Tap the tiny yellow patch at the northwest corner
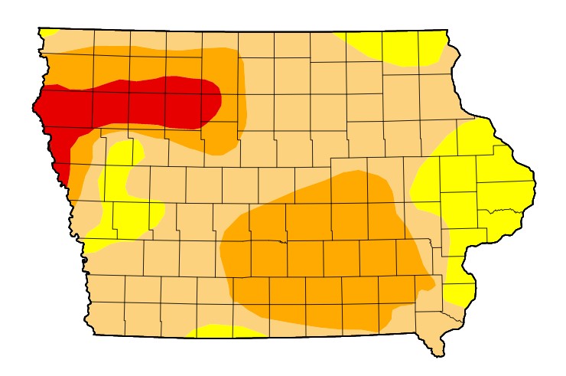click(x=48, y=32)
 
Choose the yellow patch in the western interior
click(x=122, y=191)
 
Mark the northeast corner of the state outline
click(x=447, y=31)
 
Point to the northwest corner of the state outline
click(x=39, y=28)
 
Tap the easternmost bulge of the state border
click(x=533, y=181)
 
